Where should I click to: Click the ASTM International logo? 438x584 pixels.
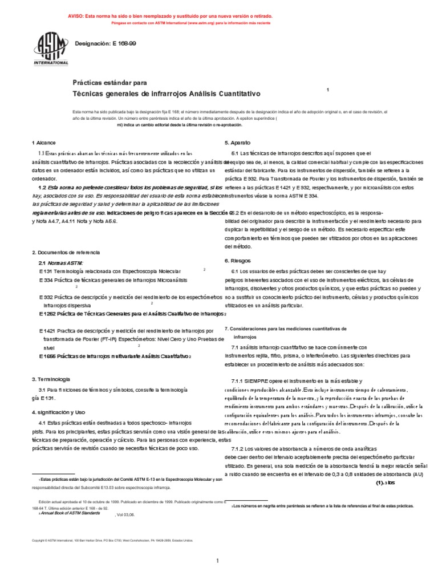point(51,50)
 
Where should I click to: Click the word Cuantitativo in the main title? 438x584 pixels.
point(236,92)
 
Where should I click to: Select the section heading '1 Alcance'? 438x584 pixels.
point(43,142)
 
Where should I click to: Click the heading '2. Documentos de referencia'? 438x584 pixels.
point(66,252)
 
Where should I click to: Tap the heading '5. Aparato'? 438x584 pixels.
point(237,142)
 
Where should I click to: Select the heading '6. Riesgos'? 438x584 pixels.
point(236,260)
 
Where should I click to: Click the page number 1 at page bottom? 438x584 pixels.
point(217,561)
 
